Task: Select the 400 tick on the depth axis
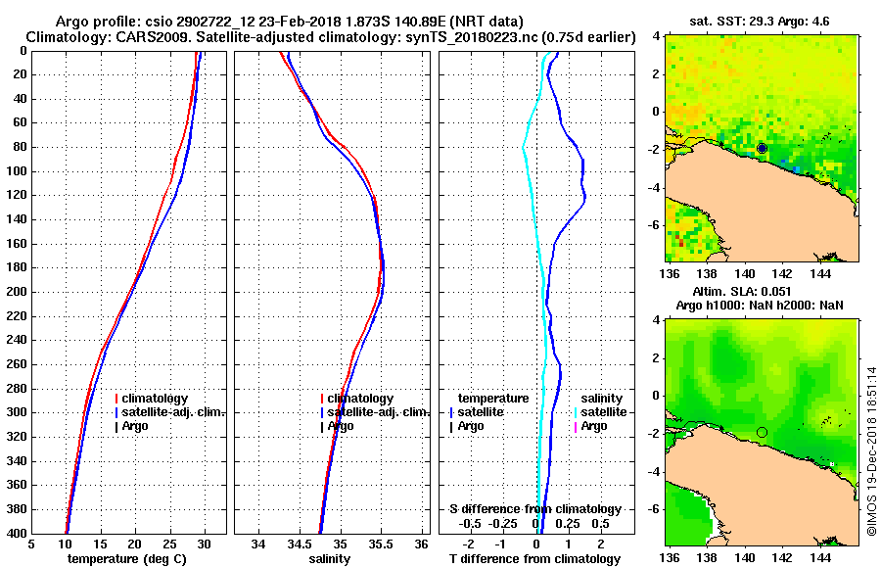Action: point(18,533)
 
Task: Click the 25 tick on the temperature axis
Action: point(168,544)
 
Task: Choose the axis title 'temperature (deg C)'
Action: point(127,558)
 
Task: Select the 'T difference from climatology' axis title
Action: point(534,558)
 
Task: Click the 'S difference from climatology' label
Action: point(534,509)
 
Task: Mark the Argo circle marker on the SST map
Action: point(762,148)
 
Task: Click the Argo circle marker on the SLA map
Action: point(762,432)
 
